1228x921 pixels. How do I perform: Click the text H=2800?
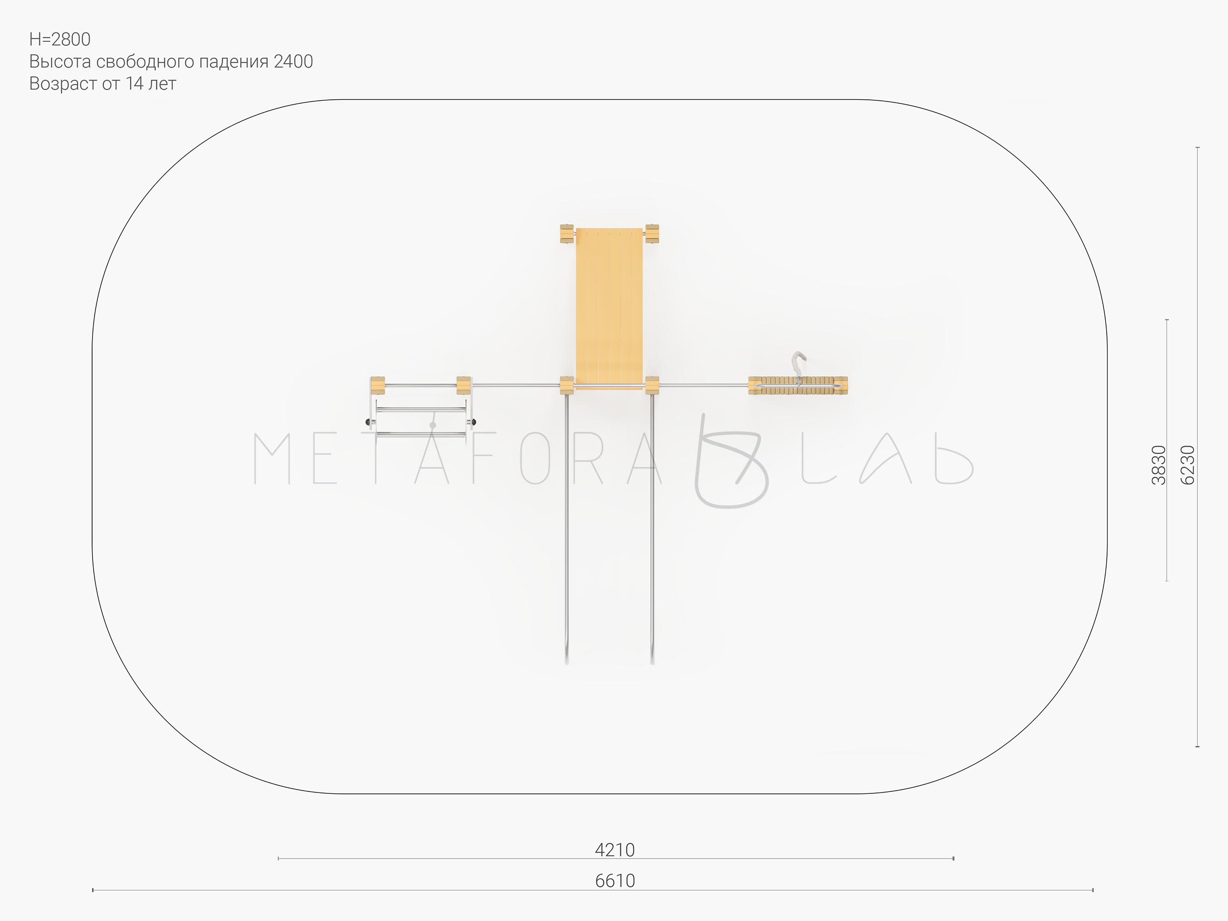tap(60, 39)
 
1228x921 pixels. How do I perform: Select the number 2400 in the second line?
tap(293, 61)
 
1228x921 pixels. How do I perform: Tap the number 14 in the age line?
tap(135, 84)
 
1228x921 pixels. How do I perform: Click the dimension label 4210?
tap(614, 850)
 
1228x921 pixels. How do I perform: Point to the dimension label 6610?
tap(614, 881)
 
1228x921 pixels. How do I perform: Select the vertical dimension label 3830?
tap(1158, 465)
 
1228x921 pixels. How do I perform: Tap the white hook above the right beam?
tap(798, 364)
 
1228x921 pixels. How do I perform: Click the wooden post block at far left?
tap(378, 386)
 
